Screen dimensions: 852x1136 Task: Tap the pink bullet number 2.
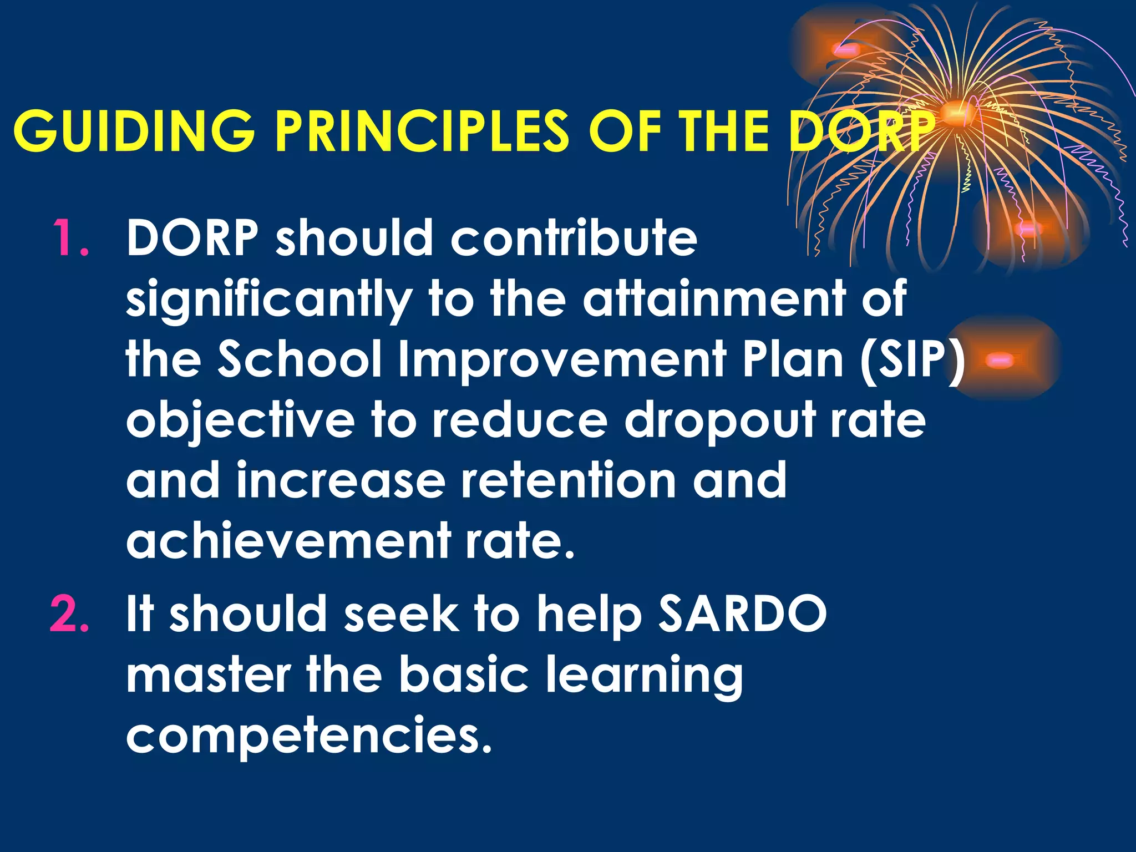point(69,613)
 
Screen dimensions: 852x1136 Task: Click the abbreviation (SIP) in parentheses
point(913,359)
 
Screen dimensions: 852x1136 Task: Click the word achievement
point(288,540)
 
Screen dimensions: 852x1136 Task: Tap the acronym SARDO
point(742,613)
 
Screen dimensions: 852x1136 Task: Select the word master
point(208,674)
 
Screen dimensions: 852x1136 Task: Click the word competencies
point(308,736)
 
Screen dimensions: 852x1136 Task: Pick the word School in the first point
point(300,359)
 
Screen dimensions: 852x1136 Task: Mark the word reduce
point(520,420)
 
